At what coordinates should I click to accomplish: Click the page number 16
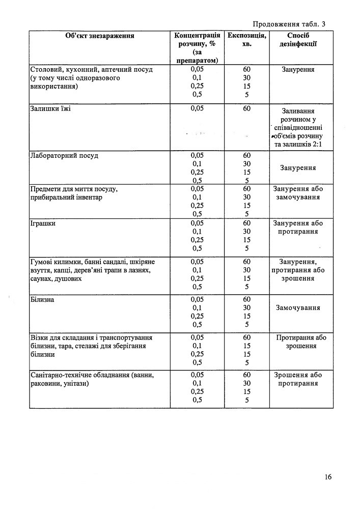tap(327, 477)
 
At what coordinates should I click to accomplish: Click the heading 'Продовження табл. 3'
tap(289, 23)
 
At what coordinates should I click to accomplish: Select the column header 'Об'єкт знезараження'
tap(100, 36)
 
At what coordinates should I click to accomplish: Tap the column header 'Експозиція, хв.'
tap(246, 40)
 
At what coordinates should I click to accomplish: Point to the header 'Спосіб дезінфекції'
tap(298, 40)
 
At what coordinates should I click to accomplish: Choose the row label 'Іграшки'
tap(43, 223)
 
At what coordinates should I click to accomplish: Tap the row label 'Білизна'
tap(42, 299)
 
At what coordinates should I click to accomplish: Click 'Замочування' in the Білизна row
tap(298, 307)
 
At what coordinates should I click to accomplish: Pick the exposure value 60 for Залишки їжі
tap(246, 108)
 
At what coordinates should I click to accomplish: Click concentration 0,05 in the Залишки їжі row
tap(197, 108)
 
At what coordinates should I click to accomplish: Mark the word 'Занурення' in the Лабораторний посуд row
tap(298, 167)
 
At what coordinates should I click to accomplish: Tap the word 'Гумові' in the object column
tap(43, 262)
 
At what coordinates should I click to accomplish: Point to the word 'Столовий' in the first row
tap(47, 69)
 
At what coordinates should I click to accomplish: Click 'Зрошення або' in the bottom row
tap(298, 375)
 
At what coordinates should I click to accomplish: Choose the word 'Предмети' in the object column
tap(47, 189)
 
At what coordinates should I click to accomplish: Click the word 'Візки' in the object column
tap(40, 337)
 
